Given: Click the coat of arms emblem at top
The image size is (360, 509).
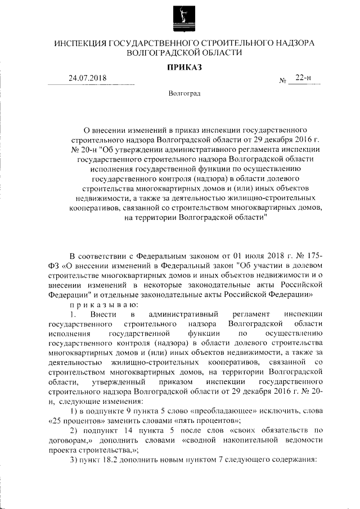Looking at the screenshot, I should click(181, 17).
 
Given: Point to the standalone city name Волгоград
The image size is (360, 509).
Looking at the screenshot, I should click(183, 93).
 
